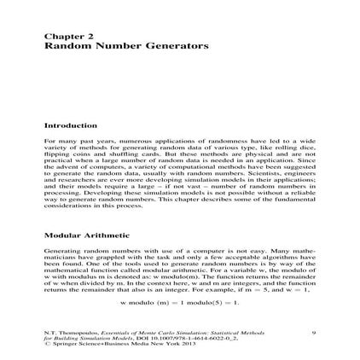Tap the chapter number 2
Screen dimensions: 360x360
click(x=78, y=38)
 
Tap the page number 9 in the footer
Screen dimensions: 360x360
click(x=315, y=332)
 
